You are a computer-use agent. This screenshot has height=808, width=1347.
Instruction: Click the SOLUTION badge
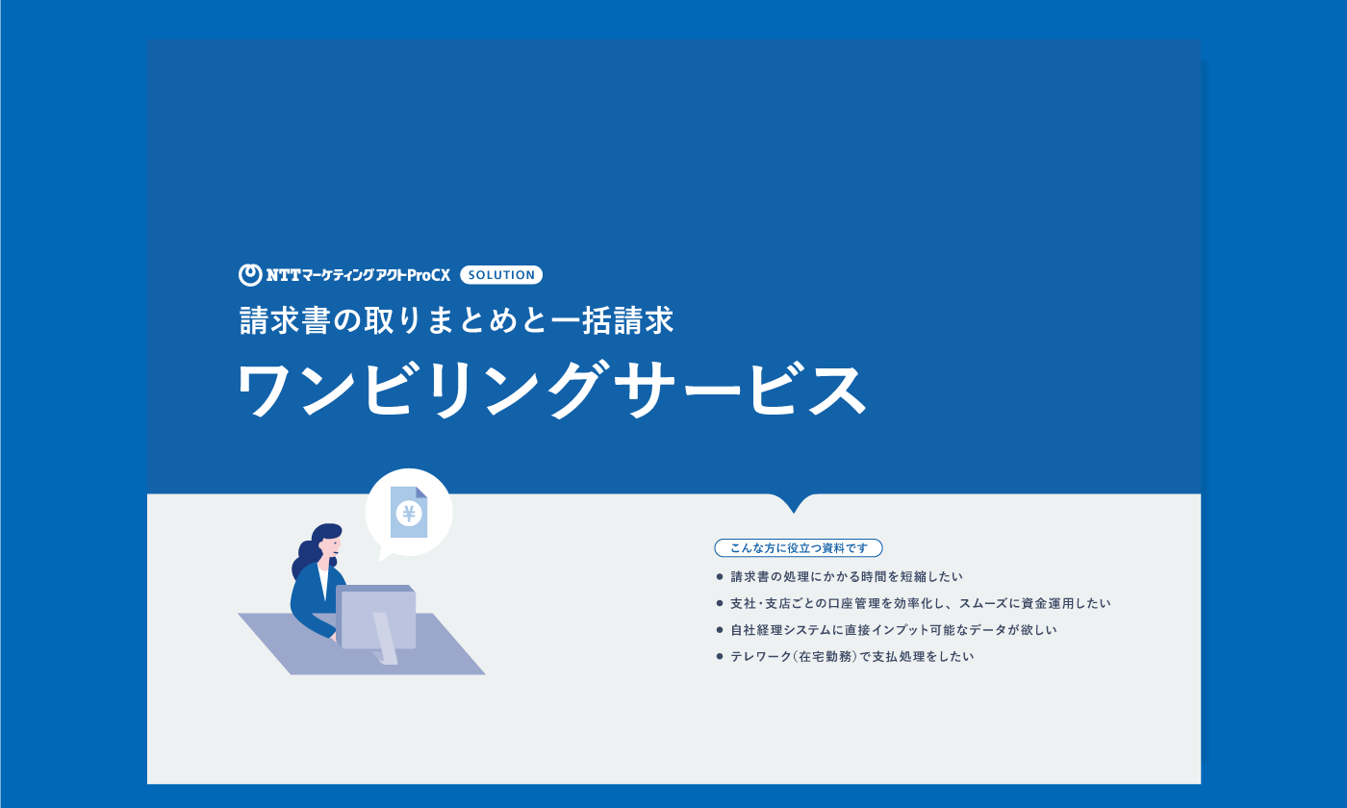(501, 275)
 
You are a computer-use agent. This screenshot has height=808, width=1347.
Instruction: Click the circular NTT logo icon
(250, 275)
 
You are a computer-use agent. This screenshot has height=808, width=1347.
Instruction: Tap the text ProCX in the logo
(429, 275)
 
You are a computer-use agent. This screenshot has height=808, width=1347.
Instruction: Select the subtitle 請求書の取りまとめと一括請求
(457, 319)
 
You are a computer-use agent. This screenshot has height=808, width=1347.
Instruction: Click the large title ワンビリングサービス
(552, 390)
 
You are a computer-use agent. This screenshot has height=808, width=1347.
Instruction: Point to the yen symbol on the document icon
(409, 514)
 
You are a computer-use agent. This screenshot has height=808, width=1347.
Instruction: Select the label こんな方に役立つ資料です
(799, 547)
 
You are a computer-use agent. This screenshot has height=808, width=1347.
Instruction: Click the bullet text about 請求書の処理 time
(847, 576)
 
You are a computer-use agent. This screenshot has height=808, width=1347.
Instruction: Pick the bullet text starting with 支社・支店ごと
(921, 603)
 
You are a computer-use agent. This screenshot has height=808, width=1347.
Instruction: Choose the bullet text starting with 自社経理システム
(894, 629)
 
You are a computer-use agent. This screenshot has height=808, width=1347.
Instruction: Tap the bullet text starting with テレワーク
(852, 656)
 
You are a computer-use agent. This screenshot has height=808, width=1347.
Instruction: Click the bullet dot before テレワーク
(720, 656)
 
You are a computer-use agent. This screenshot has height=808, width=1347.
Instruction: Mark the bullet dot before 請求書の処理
(720, 576)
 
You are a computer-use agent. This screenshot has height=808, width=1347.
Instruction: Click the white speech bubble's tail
(384, 554)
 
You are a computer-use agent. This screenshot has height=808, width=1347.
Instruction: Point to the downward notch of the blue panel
(794, 508)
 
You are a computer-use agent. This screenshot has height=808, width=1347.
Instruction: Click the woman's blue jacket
(312, 601)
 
